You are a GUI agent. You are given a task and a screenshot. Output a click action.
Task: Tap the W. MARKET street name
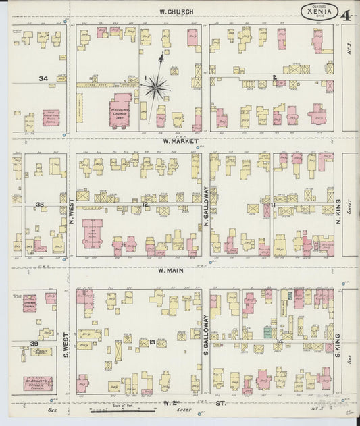[x=178, y=142]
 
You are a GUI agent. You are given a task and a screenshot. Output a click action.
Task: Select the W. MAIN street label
[x=172, y=271]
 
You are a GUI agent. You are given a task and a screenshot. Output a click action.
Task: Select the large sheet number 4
[x=346, y=15]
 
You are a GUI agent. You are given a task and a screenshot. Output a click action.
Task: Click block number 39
[x=34, y=344]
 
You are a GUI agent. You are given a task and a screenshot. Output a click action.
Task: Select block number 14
[x=278, y=342]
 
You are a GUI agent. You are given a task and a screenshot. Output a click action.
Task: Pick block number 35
[x=40, y=204]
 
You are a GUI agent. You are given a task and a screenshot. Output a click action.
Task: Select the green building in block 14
[x=269, y=333]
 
